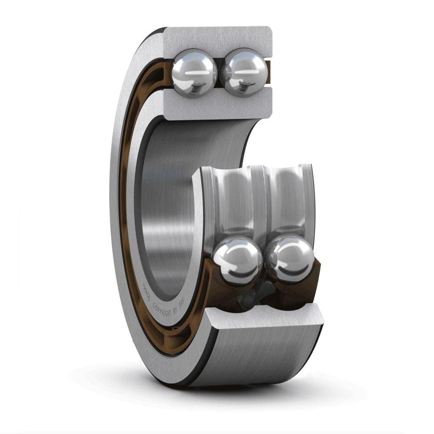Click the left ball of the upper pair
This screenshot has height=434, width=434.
[x=194, y=72]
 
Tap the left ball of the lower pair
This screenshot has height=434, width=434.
[x=237, y=259]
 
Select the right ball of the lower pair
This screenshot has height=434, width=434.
[x=289, y=258]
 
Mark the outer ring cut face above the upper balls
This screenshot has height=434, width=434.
[x=217, y=38]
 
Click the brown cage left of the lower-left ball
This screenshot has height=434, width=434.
[x=207, y=278]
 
